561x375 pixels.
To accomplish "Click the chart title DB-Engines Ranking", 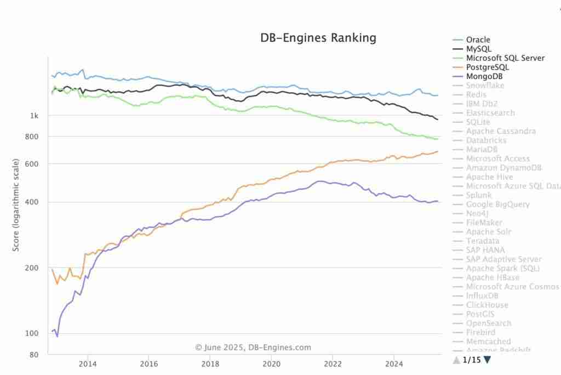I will pyautogui.click(x=318, y=38).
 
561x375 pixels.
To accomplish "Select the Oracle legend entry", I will pyautogui.click(x=478, y=39).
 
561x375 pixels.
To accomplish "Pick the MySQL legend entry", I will pyautogui.click(x=478, y=49).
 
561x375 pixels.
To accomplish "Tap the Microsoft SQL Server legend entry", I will pyautogui.click(x=505, y=58).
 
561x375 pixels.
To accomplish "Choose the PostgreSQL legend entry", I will pyautogui.click(x=487, y=67).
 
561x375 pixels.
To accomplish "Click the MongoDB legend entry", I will pyautogui.click(x=485, y=76).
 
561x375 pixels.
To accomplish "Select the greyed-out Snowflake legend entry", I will pyautogui.click(x=485, y=86).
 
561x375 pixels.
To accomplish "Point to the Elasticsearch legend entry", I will pyautogui.click(x=490, y=113).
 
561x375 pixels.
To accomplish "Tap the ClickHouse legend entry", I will pyautogui.click(x=487, y=305).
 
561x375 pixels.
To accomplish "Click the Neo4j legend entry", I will pyautogui.click(x=479, y=213).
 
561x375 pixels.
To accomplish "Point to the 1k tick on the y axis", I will pyautogui.click(x=35, y=116).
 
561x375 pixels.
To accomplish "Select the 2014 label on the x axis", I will pyautogui.click(x=88, y=363).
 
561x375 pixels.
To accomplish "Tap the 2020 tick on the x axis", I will pyautogui.click(x=271, y=363).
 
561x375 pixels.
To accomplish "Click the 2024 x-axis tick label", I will pyautogui.click(x=394, y=363).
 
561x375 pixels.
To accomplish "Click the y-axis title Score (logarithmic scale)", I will pyautogui.click(x=16, y=205).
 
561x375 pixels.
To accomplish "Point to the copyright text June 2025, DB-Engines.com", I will pyautogui.click(x=253, y=347).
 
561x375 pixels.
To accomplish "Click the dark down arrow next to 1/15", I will pyautogui.click(x=487, y=360).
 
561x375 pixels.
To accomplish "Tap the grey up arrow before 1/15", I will pyautogui.click(x=456, y=360).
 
